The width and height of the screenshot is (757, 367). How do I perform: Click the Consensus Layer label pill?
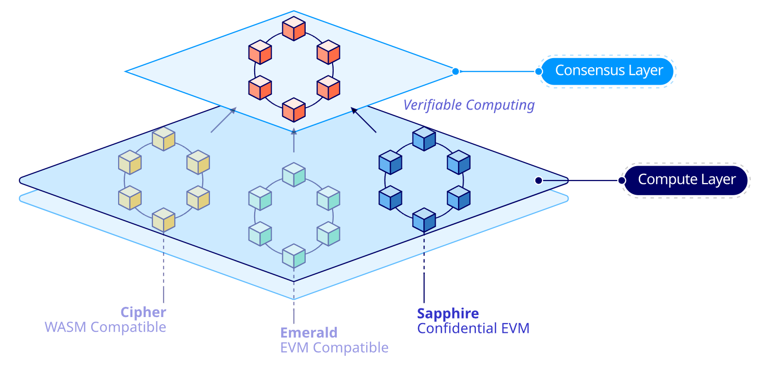coord(607,71)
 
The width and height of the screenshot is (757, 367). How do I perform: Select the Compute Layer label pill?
coord(686,180)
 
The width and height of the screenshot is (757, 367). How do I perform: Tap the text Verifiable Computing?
coord(469,105)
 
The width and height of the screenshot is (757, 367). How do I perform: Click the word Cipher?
coord(143,312)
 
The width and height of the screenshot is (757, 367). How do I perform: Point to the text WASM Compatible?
coord(105,327)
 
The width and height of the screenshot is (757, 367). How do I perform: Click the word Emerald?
coord(309,333)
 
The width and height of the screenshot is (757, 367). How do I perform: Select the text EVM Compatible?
coord(335,348)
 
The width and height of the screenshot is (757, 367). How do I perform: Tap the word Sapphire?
coord(448,313)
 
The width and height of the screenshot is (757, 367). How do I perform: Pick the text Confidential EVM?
coord(473,328)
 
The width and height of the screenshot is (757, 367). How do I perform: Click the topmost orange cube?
coord(293,29)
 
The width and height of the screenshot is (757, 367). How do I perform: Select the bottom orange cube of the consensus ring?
coord(293,110)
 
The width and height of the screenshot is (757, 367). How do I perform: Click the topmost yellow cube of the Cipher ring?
coord(164,139)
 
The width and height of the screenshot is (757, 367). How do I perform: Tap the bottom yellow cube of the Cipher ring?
coord(164,220)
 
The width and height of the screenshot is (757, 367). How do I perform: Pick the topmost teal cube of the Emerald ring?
coord(293,174)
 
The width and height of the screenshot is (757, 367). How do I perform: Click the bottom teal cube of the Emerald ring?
coord(293,256)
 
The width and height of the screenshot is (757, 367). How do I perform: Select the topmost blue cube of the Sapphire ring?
coord(424,139)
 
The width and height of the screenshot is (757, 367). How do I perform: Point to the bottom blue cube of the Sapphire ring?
coord(424,220)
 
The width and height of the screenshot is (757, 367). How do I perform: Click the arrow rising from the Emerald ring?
coord(293,140)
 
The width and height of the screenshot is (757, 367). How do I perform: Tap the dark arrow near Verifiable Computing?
coord(364,120)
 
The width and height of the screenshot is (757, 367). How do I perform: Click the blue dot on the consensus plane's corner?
coord(455,71)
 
